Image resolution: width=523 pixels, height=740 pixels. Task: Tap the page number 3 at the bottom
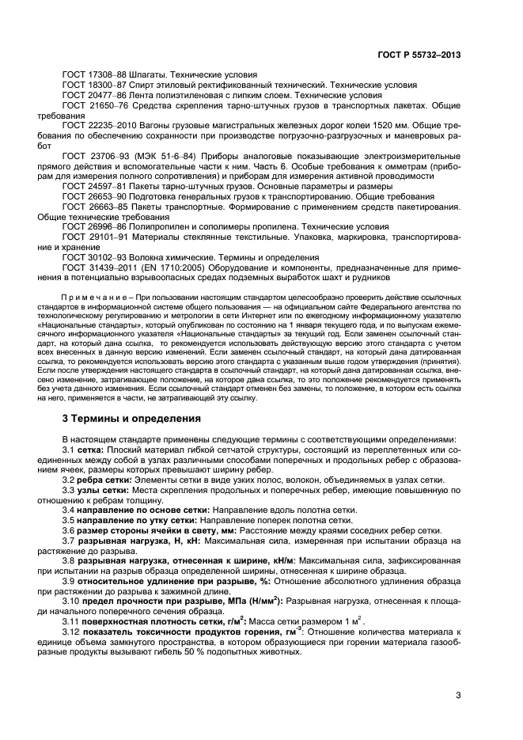(x=458, y=696)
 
